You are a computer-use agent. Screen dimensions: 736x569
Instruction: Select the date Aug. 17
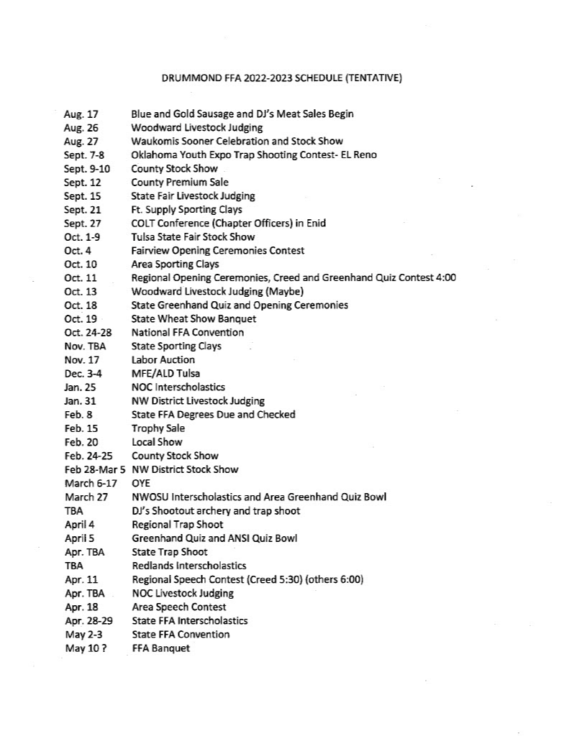tap(81, 114)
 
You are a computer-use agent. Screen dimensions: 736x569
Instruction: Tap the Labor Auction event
tap(163, 360)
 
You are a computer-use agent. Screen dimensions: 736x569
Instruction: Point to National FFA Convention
tap(187, 333)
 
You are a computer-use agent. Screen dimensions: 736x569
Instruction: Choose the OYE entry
tap(140, 484)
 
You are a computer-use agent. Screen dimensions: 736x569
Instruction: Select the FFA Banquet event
tap(161, 648)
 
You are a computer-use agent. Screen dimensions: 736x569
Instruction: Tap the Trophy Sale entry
tap(158, 428)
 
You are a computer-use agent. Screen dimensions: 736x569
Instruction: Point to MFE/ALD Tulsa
tap(165, 374)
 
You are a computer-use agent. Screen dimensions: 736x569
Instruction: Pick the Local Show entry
tap(157, 442)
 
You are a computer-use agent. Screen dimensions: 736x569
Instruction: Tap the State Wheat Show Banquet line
tap(194, 319)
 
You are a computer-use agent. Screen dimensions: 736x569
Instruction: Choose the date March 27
tap(86, 497)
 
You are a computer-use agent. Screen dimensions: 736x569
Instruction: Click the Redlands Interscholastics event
tap(188, 566)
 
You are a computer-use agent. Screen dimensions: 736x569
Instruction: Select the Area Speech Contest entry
tap(178, 607)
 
